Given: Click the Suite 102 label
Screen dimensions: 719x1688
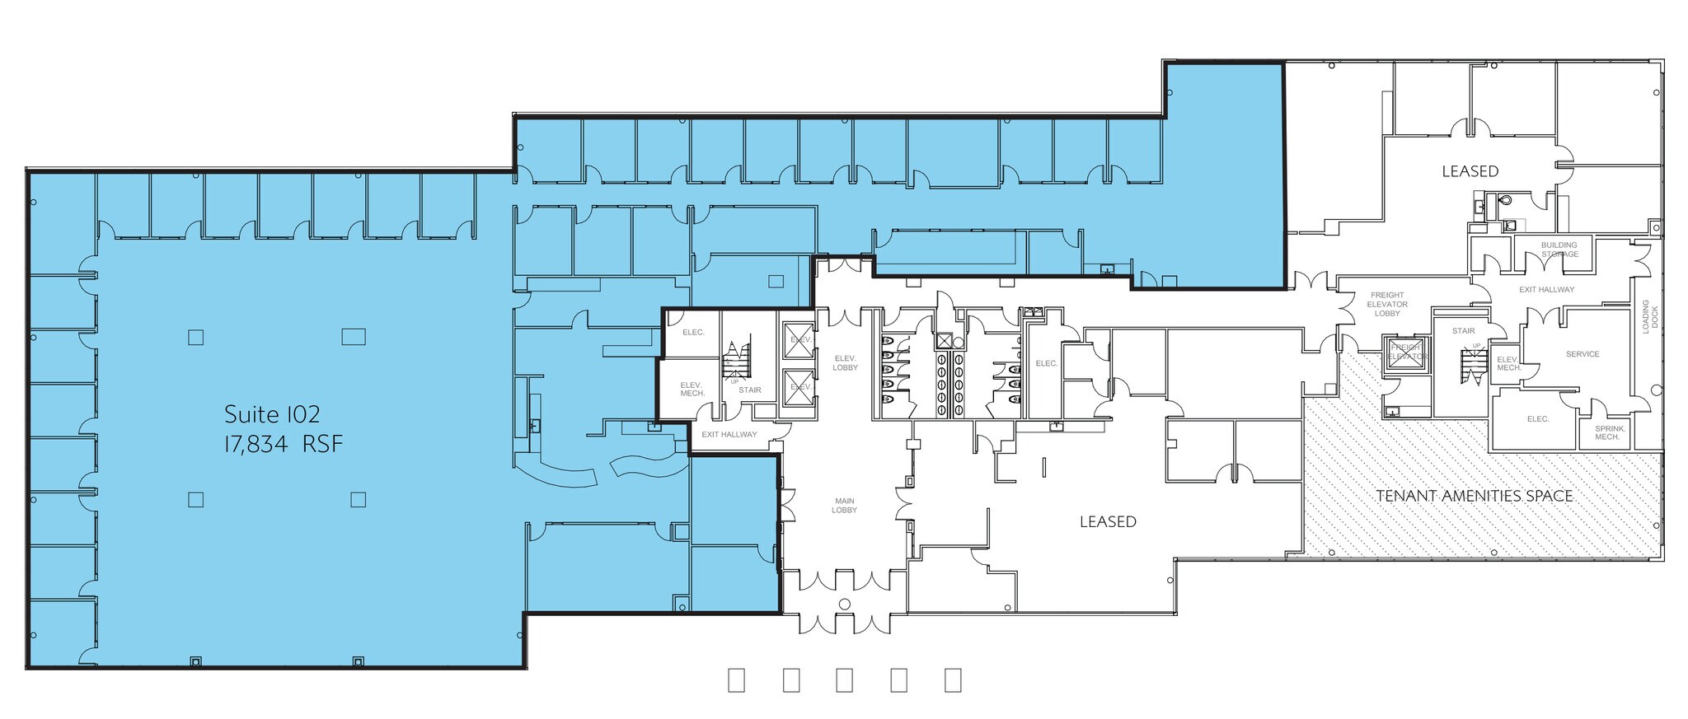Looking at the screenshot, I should (272, 413).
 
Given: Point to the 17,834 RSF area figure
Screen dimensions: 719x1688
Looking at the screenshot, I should (283, 445).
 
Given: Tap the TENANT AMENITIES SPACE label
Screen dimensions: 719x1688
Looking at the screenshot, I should (1475, 496).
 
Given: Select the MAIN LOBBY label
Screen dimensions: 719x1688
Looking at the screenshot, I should (844, 506).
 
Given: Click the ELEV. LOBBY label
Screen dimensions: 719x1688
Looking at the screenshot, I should (846, 362).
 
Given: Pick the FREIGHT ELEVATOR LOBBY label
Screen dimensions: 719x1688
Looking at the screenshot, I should (1387, 304).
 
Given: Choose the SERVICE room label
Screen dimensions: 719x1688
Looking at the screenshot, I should (1582, 354).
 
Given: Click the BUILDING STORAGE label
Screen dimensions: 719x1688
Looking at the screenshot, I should (1559, 250).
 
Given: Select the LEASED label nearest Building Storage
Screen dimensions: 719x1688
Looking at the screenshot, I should (1470, 171).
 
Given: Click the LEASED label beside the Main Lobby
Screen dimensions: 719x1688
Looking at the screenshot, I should (1108, 521).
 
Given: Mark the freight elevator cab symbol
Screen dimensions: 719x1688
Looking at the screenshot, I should (1406, 353).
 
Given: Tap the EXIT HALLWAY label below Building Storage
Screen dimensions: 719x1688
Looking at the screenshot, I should (1546, 290).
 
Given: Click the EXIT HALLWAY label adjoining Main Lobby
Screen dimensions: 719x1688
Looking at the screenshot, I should (729, 435).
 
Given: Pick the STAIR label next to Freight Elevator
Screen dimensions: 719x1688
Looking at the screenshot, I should (1463, 331).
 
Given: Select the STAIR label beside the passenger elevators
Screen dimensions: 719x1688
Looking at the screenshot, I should (750, 390).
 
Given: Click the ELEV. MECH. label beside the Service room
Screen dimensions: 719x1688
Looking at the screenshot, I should (1508, 363).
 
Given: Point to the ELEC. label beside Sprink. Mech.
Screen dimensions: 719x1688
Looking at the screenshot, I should (1538, 419).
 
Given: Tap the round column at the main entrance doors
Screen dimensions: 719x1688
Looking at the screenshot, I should (845, 605).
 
